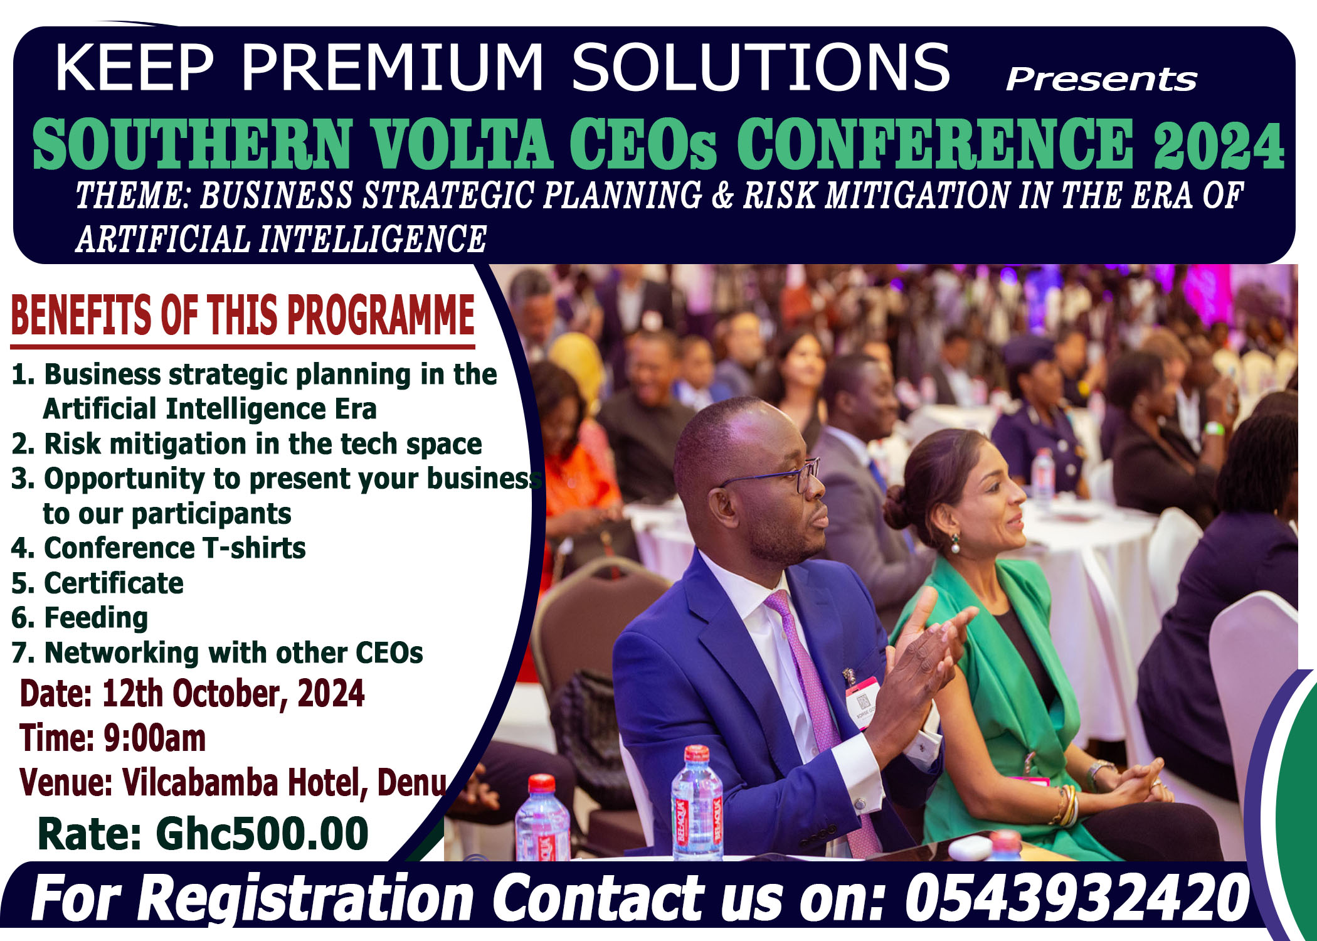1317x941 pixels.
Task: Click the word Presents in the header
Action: pyautogui.click(x=1102, y=80)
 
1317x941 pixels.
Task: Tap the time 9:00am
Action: pyautogui.click(x=154, y=738)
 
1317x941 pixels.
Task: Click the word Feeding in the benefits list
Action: pyautogui.click(x=96, y=618)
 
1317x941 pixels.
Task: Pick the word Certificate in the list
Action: pyautogui.click(x=114, y=583)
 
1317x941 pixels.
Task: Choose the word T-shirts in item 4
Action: pyautogui.click(x=254, y=548)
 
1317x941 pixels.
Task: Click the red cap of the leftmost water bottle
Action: pyautogui.click(x=541, y=784)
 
